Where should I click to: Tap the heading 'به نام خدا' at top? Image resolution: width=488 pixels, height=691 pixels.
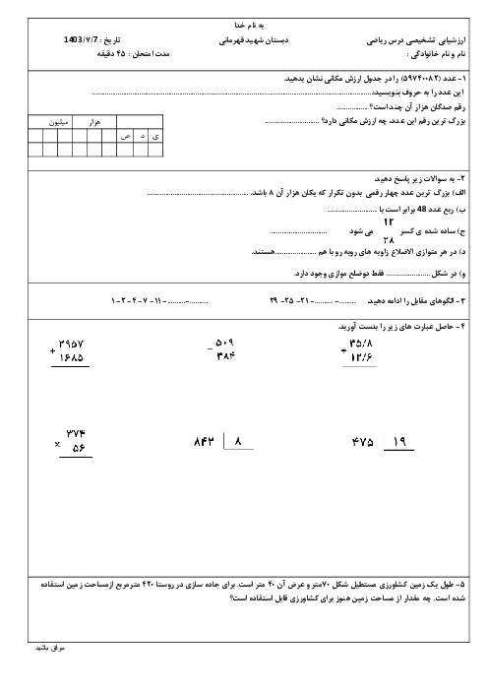[249, 26]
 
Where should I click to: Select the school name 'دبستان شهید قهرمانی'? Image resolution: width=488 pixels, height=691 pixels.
[254, 40]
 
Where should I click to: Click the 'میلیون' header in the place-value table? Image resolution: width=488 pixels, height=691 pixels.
[59, 122]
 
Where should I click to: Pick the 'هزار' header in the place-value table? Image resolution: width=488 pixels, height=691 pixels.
[94, 122]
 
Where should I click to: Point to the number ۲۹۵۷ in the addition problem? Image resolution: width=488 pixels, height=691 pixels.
[71, 344]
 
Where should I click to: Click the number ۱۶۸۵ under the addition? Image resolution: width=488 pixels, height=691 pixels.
[71, 357]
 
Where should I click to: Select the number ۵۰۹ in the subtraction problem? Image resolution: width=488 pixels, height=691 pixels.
[224, 343]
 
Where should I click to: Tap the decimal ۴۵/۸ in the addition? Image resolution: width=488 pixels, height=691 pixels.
[361, 343]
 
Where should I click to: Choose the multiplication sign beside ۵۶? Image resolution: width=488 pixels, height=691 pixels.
[57, 445]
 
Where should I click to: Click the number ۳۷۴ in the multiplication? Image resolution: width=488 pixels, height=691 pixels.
[76, 434]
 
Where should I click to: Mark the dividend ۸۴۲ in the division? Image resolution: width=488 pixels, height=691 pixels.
[204, 442]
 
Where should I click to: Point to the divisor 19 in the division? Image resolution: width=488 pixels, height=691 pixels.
[399, 442]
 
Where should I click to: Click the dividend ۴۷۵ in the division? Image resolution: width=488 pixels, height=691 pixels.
[363, 442]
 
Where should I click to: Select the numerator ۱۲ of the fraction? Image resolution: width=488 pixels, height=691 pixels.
[389, 221]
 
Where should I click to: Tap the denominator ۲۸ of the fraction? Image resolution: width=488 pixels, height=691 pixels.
[389, 240]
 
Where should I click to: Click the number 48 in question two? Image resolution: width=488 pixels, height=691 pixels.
[422, 210]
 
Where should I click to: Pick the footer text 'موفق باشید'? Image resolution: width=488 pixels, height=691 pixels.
[50, 648]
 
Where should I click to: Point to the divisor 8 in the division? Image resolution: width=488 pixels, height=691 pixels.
[238, 441]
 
